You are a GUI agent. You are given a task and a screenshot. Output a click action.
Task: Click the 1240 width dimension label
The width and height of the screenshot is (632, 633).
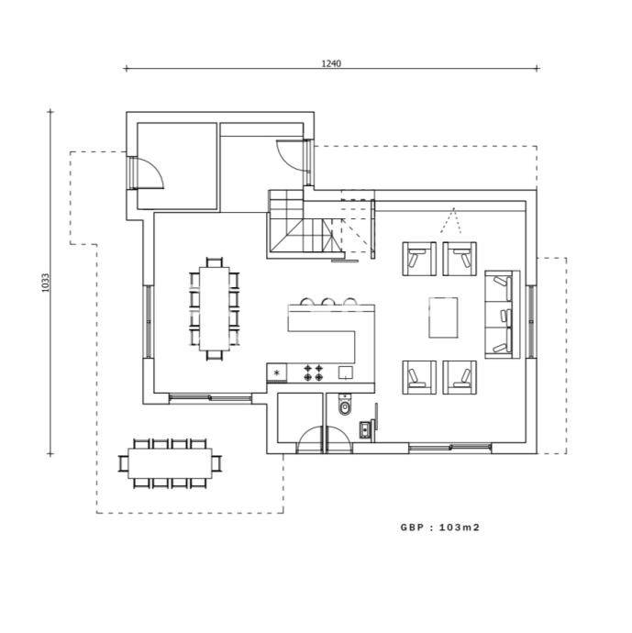coord(331,63)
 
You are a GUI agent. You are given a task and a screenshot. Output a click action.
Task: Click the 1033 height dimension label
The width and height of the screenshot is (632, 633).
coord(45,283)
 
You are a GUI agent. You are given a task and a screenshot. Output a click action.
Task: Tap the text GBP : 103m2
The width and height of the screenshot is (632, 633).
coord(440,527)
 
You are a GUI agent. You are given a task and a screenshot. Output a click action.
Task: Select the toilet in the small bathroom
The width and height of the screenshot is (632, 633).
coord(345,405)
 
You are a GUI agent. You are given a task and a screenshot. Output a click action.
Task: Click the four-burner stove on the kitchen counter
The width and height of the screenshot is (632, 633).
coord(314,372)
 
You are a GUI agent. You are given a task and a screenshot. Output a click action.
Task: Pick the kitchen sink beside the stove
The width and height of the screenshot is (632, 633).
coord(346,372)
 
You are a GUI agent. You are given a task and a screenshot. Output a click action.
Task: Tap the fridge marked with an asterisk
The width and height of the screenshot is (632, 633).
coord(277,372)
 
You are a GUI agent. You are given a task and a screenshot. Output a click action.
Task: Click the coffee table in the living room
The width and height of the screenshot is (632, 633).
coord(443,317)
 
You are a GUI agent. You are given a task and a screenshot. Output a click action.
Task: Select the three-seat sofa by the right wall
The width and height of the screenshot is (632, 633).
coord(503,315)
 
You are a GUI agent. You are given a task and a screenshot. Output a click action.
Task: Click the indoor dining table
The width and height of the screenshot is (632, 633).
coord(215,309)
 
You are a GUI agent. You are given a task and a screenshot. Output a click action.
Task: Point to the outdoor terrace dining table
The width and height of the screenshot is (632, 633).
coord(170,463)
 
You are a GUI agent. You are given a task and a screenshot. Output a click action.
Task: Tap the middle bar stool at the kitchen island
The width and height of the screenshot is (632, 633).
coord(327,302)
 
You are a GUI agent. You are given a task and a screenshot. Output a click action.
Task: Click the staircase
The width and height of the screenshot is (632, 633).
coord(305,224)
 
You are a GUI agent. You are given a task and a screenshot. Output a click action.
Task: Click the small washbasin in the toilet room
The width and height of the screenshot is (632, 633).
coord(365,428)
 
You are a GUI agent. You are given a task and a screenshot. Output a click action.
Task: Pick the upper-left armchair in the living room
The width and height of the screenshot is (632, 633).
coord(419,259)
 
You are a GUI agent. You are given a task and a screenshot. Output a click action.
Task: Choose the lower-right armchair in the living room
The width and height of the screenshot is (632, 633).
coord(460,377)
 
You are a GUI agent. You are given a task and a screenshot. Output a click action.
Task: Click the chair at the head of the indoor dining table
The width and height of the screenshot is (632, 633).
coord(215,262)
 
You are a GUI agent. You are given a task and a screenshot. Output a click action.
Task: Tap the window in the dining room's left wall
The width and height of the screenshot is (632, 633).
coord(148,322)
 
